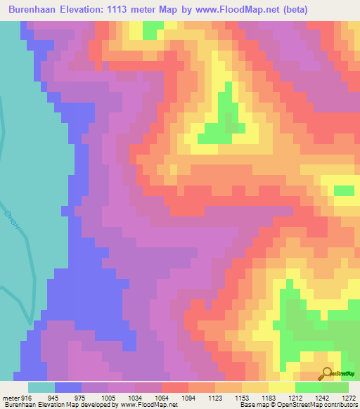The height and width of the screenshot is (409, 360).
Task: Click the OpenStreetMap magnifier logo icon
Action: pyautogui.click(x=327, y=375)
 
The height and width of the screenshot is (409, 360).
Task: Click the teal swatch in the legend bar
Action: pyautogui.click(x=41, y=387)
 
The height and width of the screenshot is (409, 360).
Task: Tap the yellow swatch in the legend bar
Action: pyautogui.click(x=282, y=387)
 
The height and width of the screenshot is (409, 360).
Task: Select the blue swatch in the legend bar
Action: pyautogui.click(x=68, y=387)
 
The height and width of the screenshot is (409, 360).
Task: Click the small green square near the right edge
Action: pyautogui.click(x=344, y=191)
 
